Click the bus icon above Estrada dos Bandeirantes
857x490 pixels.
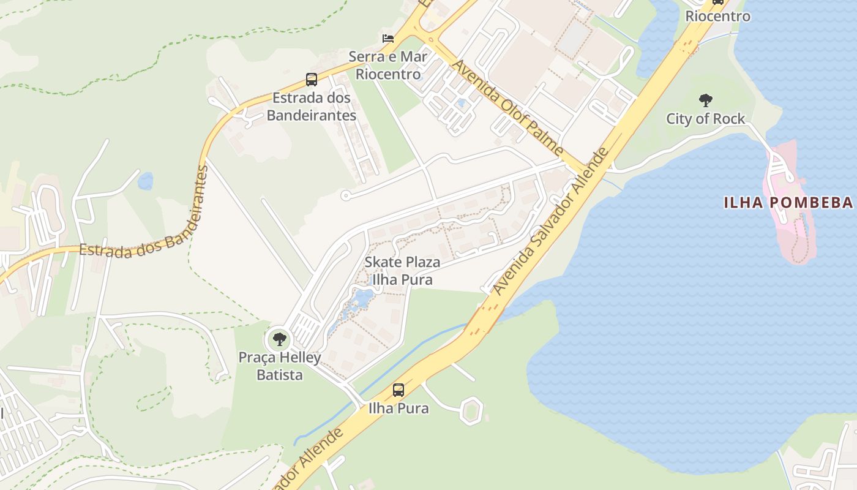(312, 80)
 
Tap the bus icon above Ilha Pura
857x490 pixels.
(399, 390)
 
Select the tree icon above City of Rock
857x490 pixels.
(706, 100)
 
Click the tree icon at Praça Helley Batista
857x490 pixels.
(280, 339)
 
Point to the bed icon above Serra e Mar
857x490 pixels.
(388, 38)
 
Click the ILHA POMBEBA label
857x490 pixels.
(788, 203)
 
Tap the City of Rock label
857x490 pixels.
(706, 119)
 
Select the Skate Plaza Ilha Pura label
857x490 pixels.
(402, 271)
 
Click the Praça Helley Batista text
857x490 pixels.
(280, 366)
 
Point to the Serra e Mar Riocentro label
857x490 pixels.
(388, 66)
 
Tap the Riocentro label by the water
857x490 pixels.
(717, 17)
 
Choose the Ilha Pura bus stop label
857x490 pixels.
(399, 408)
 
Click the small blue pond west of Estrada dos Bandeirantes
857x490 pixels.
(146, 181)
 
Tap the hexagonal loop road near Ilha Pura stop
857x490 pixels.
(471, 410)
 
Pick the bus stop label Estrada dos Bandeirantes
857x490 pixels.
(312, 106)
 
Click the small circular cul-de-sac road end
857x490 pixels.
(345, 196)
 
